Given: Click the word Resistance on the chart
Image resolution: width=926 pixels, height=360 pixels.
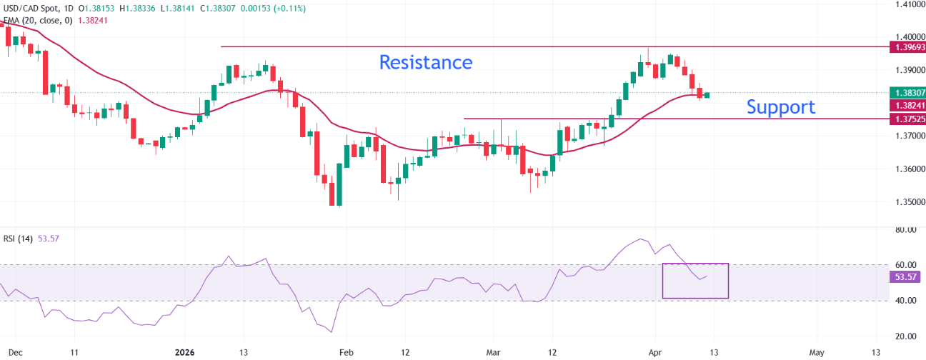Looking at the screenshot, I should [425, 62].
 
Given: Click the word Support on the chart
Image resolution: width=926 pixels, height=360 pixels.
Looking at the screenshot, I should [780, 107].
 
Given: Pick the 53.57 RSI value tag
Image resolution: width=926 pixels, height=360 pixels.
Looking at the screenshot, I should [907, 276].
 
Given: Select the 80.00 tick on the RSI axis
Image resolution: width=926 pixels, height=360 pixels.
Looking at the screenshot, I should [905, 230].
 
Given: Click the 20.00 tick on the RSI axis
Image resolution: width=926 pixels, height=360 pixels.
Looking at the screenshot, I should [905, 336].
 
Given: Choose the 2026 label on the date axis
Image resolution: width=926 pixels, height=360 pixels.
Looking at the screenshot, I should [184, 352].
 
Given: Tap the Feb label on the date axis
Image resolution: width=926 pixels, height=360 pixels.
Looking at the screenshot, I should [345, 352].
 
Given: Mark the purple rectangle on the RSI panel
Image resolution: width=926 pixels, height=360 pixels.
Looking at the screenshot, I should [695, 281].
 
